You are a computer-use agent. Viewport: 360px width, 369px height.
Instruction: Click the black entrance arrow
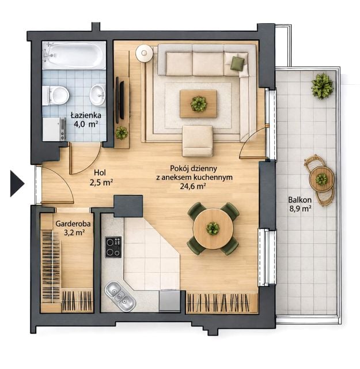point(17,183)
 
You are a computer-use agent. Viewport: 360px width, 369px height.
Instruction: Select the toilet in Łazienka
point(56,96)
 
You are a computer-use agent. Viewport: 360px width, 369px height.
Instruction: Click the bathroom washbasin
point(97,95)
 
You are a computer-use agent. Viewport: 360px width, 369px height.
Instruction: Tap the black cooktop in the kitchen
point(113,247)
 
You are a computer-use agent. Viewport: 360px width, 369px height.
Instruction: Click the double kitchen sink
point(120,296)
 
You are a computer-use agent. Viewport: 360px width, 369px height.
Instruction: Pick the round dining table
point(213,228)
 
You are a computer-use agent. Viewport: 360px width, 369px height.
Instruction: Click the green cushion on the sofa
point(237,63)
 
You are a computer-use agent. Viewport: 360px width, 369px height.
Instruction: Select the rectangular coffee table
point(198,104)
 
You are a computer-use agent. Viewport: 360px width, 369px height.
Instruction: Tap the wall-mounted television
point(122,100)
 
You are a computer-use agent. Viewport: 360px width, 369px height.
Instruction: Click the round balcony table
point(321,179)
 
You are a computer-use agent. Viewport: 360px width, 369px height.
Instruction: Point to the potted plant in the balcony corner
point(322,86)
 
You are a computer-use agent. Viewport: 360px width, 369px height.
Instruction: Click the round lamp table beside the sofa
point(144,54)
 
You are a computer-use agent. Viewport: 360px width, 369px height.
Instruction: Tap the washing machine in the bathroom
point(54,129)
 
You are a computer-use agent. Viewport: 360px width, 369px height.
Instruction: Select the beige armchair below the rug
point(198,141)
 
